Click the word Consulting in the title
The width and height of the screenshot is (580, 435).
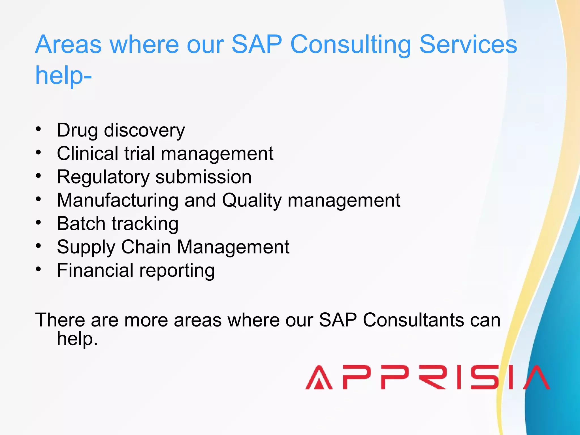pyautogui.click(x=351, y=45)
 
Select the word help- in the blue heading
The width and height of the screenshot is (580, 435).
pyautogui.click(x=63, y=76)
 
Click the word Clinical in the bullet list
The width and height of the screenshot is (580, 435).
pyautogui.click(x=88, y=153)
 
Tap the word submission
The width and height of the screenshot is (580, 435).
pyautogui.click(x=203, y=177)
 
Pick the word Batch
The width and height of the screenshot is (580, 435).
pyautogui.click(x=81, y=224)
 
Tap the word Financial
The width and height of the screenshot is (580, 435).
pyautogui.click(x=95, y=270)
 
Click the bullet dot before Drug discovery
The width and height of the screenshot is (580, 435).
pyautogui.click(x=39, y=129)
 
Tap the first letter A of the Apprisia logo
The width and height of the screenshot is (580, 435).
pyautogui.click(x=319, y=378)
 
